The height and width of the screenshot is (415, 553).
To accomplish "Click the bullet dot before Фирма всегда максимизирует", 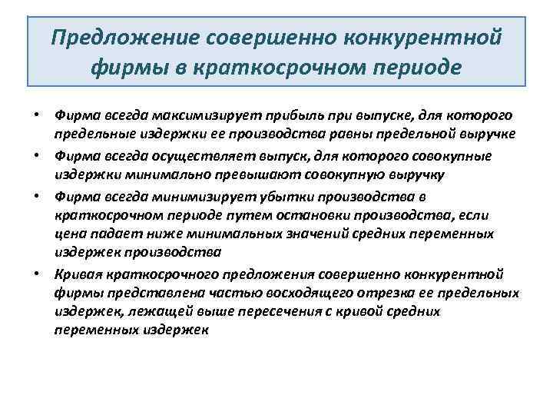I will point(36,116).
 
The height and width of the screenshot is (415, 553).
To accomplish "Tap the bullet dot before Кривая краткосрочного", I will point(36,274).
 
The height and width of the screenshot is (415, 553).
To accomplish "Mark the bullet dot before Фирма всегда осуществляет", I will point(36,157).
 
